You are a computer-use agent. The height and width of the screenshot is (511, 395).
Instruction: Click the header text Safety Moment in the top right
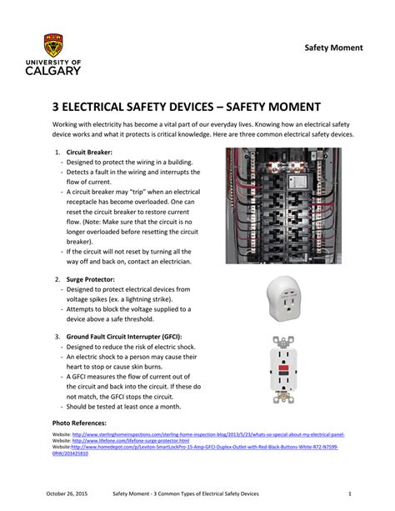click(x=332, y=47)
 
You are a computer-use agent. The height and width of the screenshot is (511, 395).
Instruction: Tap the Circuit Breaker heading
click(x=89, y=153)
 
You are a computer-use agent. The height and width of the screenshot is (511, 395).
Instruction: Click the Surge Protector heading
click(x=91, y=278)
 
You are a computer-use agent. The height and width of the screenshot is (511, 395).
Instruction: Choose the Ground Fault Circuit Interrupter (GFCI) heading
click(x=130, y=335)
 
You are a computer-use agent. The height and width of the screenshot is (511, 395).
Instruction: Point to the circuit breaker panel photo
click(x=294, y=205)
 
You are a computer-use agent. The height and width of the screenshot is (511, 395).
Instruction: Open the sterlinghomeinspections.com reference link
click(x=208, y=435)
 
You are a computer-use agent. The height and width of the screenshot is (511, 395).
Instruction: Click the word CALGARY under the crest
click(x=52, y=72)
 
